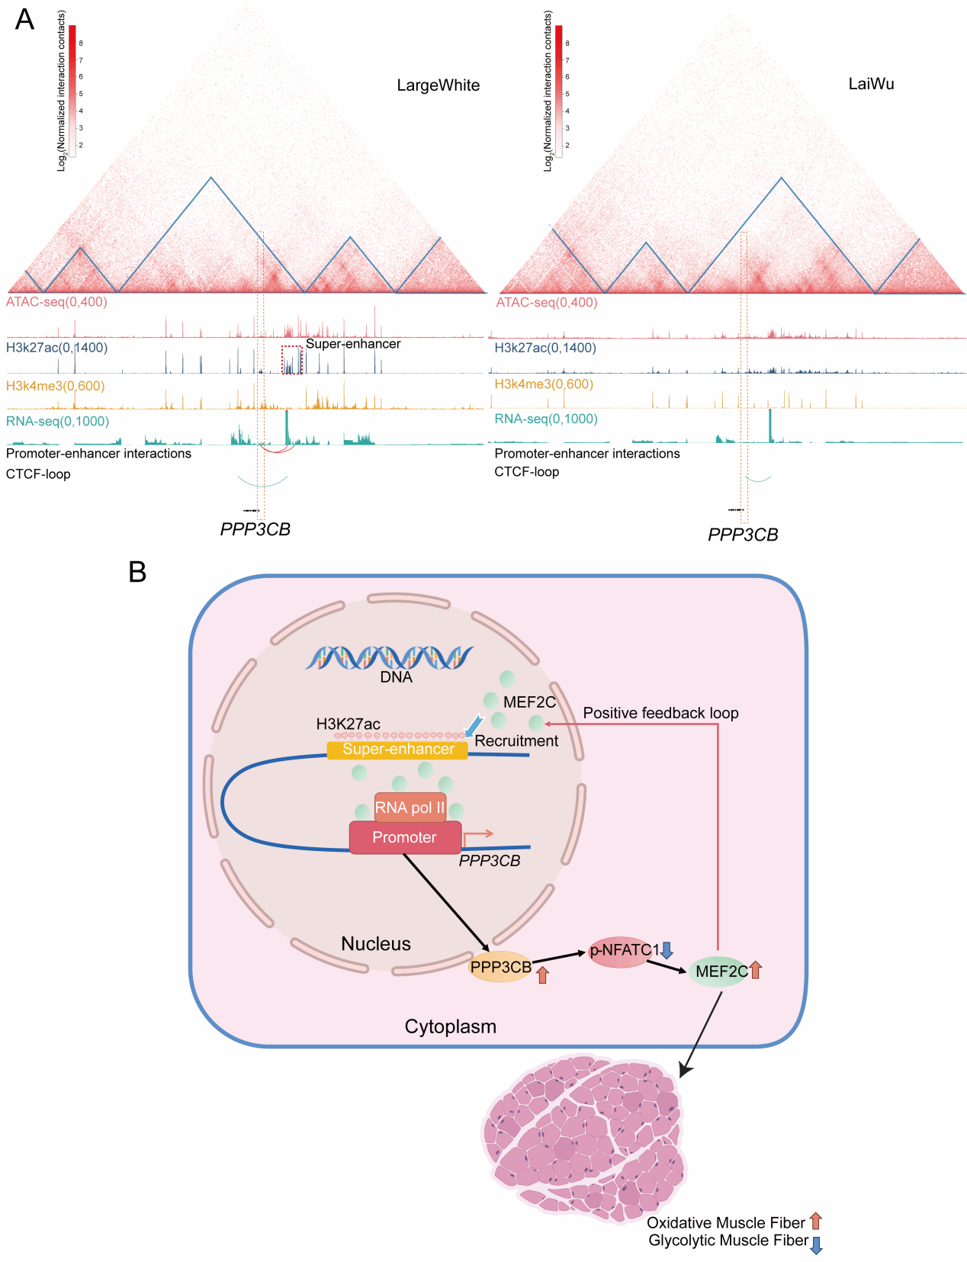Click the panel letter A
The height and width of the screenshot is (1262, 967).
pyautogui.click(x=24, y=19)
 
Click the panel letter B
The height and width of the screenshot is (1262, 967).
pyautogui.click(x=137, y=571)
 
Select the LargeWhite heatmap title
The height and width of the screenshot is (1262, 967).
pyautogui.click(x=438, y=85)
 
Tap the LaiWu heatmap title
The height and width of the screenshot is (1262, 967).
pyautogui.click(x=871, y=84)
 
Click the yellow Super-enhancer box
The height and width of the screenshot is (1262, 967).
pyautogui.click(x=397, y=750)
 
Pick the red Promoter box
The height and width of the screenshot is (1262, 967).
pyautogui.click(x=405, y=837)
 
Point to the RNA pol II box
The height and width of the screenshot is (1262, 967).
pyautogui.click(x=410, y=808)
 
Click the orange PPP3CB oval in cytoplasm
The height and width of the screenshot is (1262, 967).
pyautogui.click(x=500, y=967)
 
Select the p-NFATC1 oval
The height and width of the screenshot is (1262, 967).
pyautogui.click(x=619, y=951)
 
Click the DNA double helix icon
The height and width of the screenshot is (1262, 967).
pyautogui.click(x=390, y=657)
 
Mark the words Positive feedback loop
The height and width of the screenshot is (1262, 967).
pyautogui.click(x=660, y=713)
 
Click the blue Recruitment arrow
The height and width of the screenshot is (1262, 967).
pyautogui.click(x=474, y=726)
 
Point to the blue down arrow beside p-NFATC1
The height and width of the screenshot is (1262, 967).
pyautogui.click(x=667, y=950)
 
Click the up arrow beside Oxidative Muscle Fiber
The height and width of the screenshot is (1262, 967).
pyautogui.click(x=815, y=1221)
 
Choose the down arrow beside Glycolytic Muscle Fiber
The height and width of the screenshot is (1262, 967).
pyautogui.click(x=816, y=1245)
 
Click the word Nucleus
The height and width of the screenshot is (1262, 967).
pyautogui.click(x=375, y=944)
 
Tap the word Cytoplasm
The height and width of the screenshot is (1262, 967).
pyautogui.click(x=450, y=1026)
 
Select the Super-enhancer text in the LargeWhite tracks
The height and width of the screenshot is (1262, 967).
pyautogui.click(x=353, y=344)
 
